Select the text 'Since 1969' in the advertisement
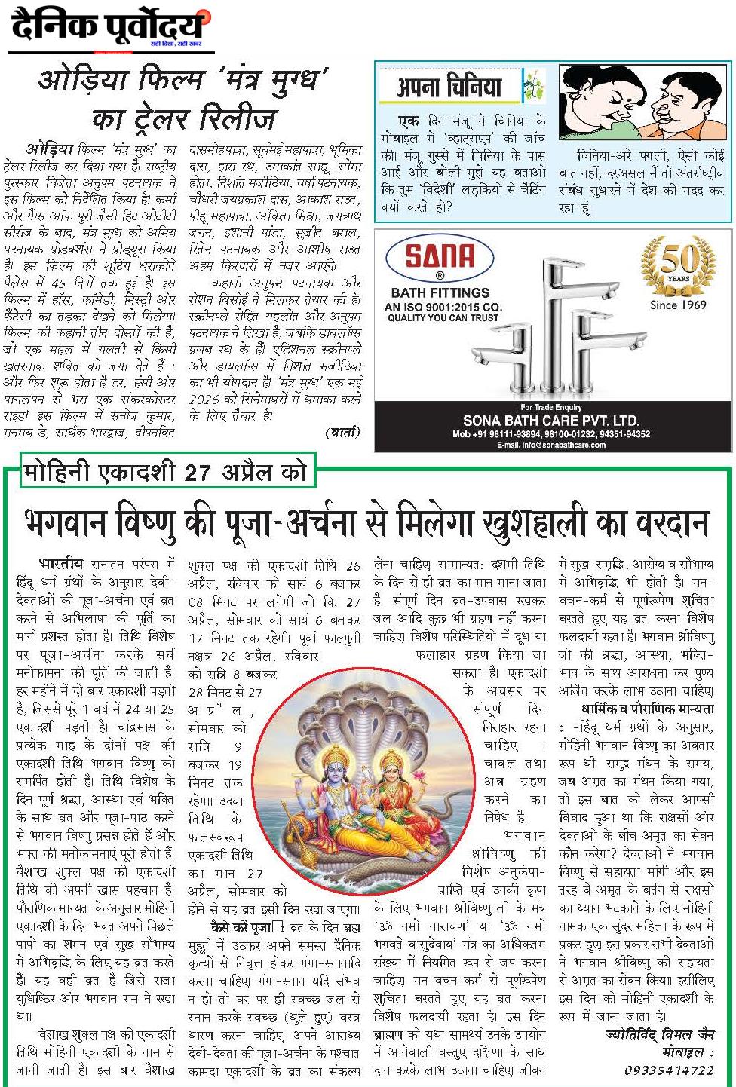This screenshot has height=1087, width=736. coord(678,305)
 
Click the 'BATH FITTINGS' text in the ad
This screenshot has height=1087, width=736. coord(440,292)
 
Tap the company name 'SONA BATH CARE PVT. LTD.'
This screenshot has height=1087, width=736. coord(550,421)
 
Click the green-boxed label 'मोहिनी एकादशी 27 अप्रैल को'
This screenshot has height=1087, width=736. coord(164,473)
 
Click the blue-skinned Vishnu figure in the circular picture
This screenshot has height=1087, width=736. coord(331,784)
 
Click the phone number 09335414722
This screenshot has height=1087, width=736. coord(668,1070)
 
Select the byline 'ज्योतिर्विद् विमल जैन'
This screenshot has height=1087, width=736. coord(659,1035)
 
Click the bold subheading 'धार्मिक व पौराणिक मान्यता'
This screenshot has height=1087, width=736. coord(647,709)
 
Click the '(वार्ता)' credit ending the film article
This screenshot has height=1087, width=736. coord(342,433)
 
